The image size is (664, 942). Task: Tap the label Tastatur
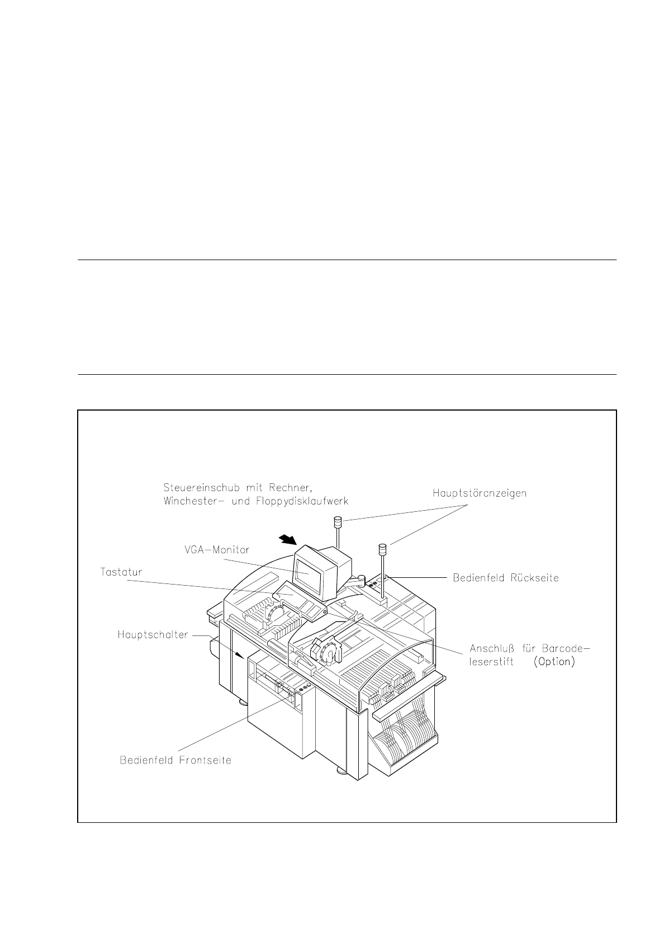[121, 572]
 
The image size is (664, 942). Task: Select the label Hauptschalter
[153, 635]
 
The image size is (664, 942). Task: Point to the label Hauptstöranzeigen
[480, 493]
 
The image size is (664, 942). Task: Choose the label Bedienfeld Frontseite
[176, 761]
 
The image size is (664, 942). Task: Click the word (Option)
[553, 662]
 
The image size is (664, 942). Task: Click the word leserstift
[491, 662]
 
